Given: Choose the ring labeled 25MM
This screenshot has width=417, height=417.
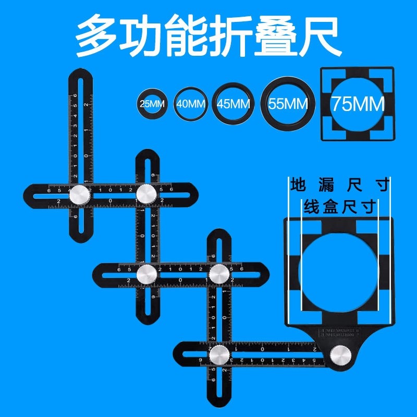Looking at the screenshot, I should [x=151, y=103].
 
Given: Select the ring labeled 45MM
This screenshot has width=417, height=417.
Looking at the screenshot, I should [x=234, y=103].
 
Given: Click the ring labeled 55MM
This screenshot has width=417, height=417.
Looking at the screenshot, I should [x=288, y=103].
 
